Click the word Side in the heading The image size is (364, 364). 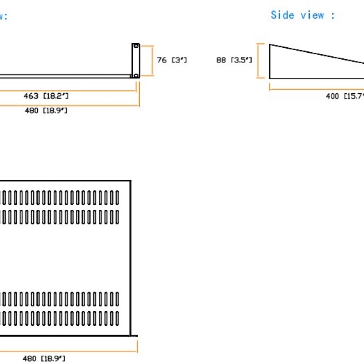point(282,15)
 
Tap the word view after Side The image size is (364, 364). point(312,15)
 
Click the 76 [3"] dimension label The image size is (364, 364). point(172,60)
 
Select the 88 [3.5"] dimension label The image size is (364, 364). point(234,60)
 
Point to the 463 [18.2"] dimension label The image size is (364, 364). point(46,96)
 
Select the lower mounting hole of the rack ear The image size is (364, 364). point(136,75)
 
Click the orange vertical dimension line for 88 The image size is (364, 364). point(260,61)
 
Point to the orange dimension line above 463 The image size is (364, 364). point(68,90)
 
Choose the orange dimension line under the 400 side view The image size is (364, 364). point(318,89)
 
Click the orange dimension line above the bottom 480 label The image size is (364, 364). point(68,351)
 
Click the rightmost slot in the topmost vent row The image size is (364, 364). point(117,197)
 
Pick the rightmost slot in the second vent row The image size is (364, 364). point(117,217)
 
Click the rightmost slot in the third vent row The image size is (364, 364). point(117,298)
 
